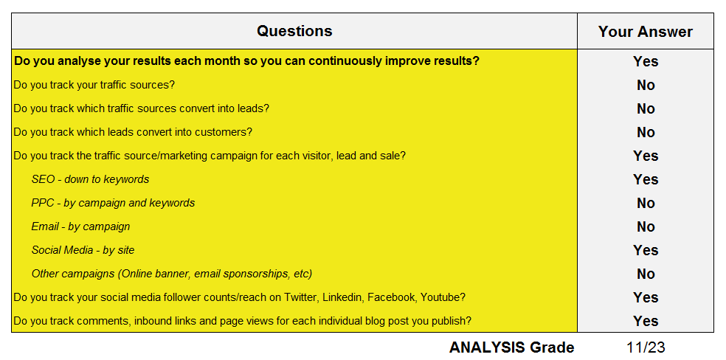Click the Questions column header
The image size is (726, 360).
click(x=294, y=31)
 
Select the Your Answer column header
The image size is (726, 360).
click(x=646, y=32)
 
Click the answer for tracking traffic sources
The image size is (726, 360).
click(x=646, y=85)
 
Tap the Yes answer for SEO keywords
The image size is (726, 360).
click(x=646, y=179)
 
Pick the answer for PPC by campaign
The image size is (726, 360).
click(x=646, y=203)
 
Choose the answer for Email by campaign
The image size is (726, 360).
click(x=646, y=226)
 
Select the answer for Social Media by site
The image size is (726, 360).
click(x=646, y=250)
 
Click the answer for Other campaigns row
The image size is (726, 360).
click(x=646, y=274)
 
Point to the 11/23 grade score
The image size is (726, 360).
click(x=646, y=347)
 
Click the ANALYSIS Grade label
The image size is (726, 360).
click(x=511, y=347)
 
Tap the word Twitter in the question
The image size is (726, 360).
click(x=302, y=297)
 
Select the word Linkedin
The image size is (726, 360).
click(x=342, y=297)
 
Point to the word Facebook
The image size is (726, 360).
click(x=392, y=297)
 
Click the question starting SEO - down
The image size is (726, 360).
click(x=90, y=179)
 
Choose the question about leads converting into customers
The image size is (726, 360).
click(x=133, y=132)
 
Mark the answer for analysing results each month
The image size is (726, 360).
click(x=646, y=61)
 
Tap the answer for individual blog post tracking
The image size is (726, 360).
click(x=646, y=321)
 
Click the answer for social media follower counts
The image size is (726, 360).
click(x=646, y=297)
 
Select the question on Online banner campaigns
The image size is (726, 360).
click(x=172, y=274)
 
